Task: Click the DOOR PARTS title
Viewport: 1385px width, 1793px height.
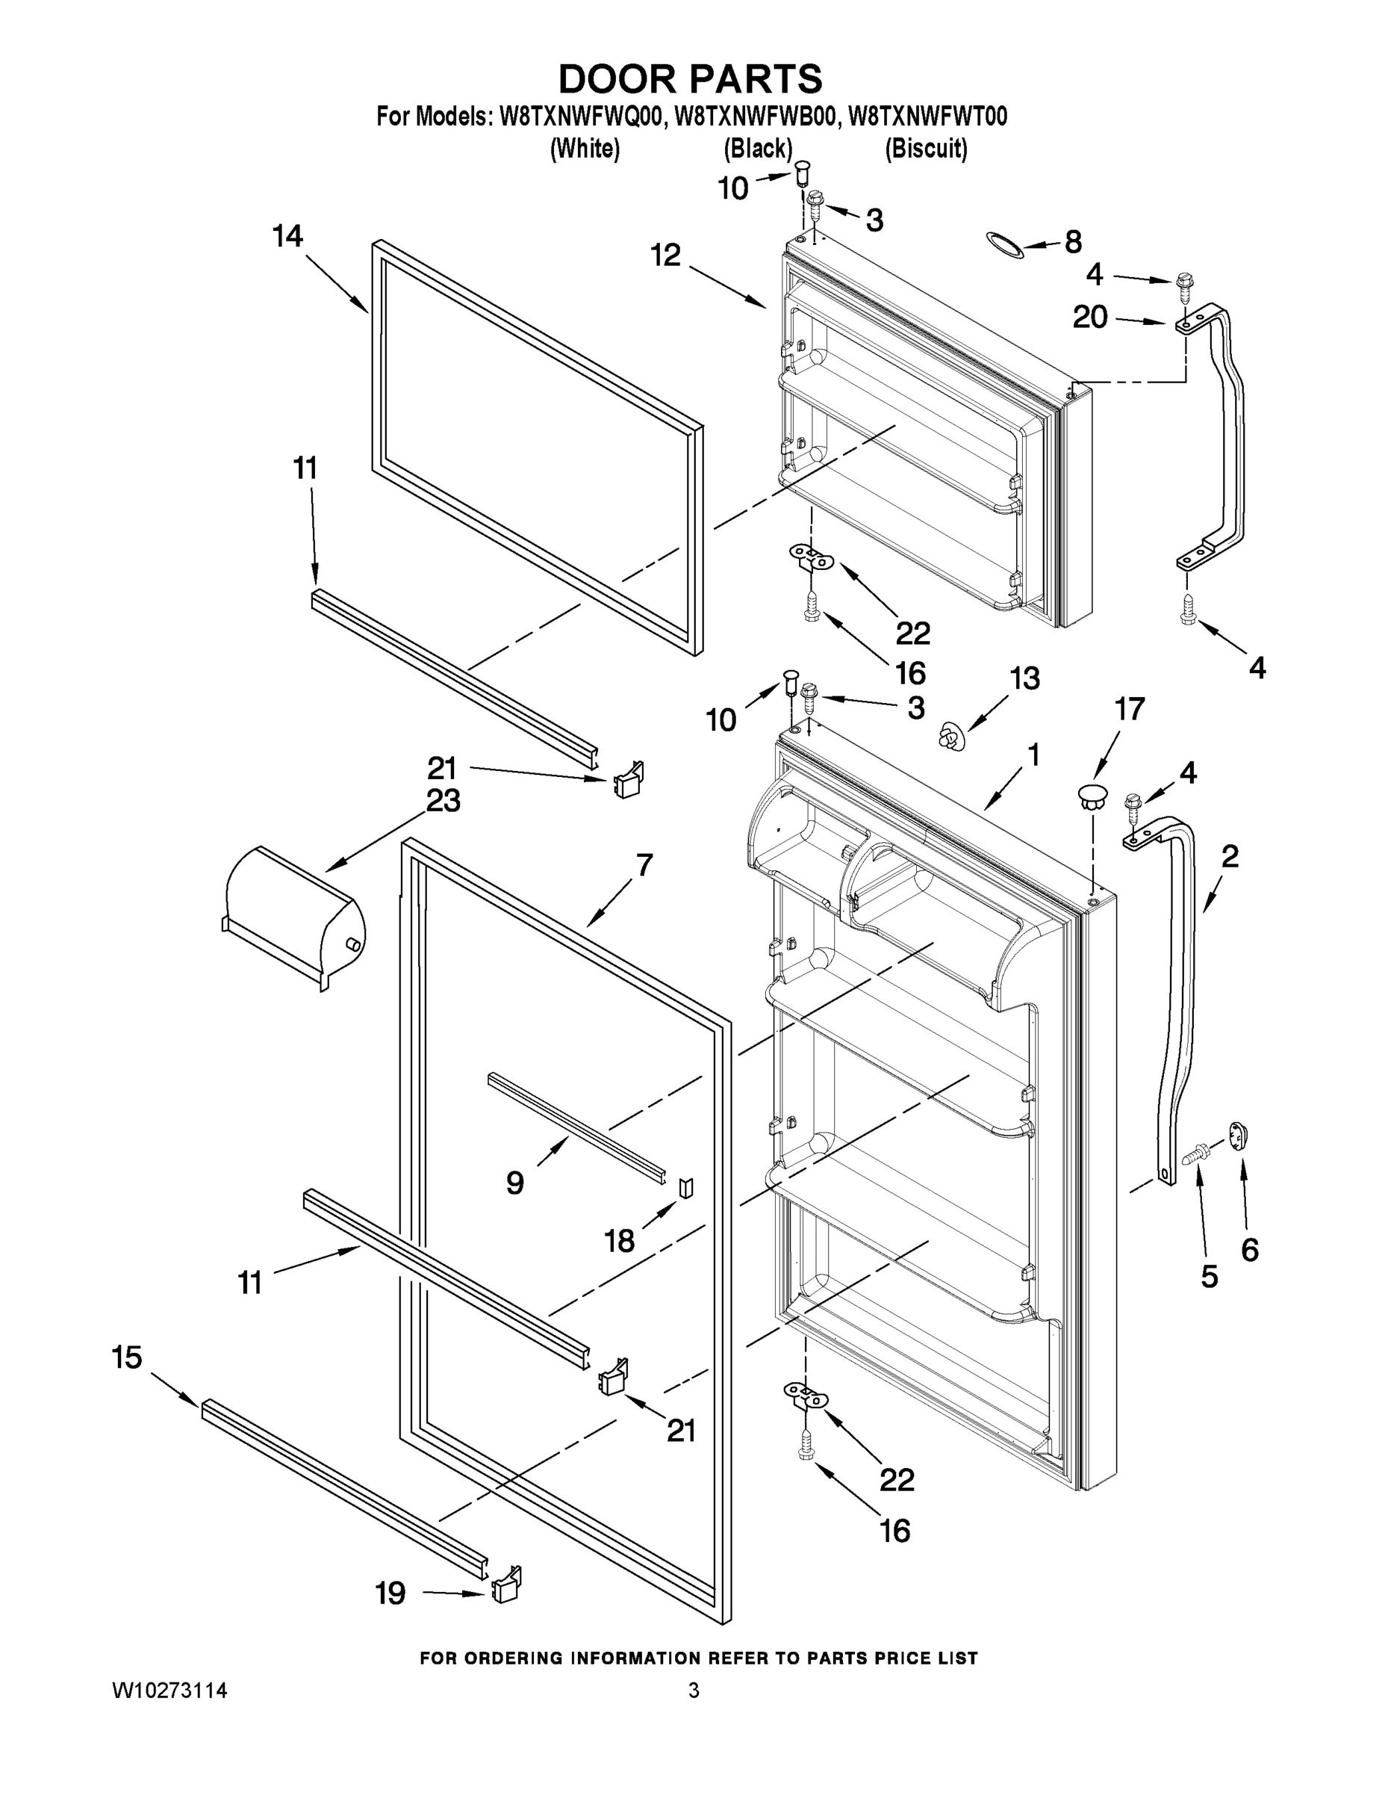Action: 690,80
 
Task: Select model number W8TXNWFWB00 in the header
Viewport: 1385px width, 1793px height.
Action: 756,117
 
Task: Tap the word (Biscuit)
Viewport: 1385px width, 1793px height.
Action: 926,149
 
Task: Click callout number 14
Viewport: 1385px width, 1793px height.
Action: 288,238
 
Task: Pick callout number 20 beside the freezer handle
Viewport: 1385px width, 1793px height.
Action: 1090,317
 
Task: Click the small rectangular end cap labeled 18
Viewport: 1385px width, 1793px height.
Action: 686,1187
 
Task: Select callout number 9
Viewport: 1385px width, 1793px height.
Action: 514,1183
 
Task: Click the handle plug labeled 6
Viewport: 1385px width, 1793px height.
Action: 1238,1136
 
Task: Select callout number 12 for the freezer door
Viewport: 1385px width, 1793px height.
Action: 666,256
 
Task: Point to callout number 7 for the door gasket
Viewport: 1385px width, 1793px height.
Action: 645,864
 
